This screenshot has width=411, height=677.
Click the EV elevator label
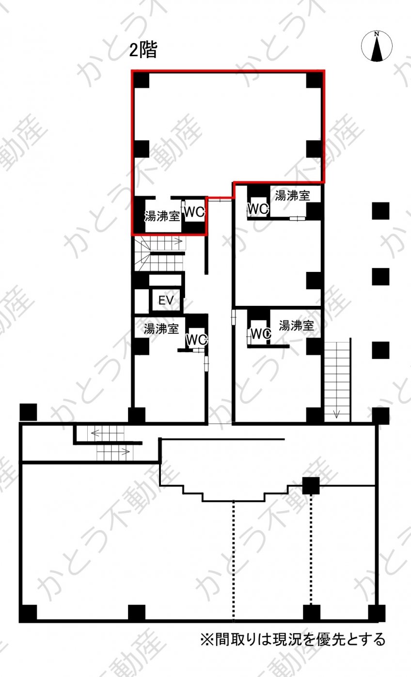pyautogui.click(x=166, y=300)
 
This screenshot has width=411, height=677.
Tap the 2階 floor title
pyautogui.click(x=143, y=50)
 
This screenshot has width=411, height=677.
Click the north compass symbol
pyautogui.click(x=377, y=46)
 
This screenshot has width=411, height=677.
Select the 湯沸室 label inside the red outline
pyautogui.click(x=162, y=217)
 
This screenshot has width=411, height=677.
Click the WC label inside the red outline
pyautogui.click(x=194, y=212)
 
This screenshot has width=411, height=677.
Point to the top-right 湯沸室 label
pyautogui.click(x=292, y=196)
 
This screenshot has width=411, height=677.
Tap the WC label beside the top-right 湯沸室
pyautogui.click(x=258, y=208)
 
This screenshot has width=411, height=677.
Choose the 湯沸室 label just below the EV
pyautogui.click(x=161, y=329)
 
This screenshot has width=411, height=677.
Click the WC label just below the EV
pyautogui.click(x=196, y=340)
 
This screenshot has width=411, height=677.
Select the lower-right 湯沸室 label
pyautogui.click(x=296, y=326)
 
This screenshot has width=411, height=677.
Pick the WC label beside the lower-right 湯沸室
pyautogui.click(x=261, y=334)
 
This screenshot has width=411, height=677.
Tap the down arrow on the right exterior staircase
pyautogui.click(x=337, y=413)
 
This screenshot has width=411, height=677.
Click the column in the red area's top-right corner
pyautogui.click(x=315, y=80)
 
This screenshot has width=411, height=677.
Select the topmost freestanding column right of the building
pyautogui.click(x=380, y=211)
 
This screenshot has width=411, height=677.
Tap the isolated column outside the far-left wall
pyautogui.click(x=29, y=412)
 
